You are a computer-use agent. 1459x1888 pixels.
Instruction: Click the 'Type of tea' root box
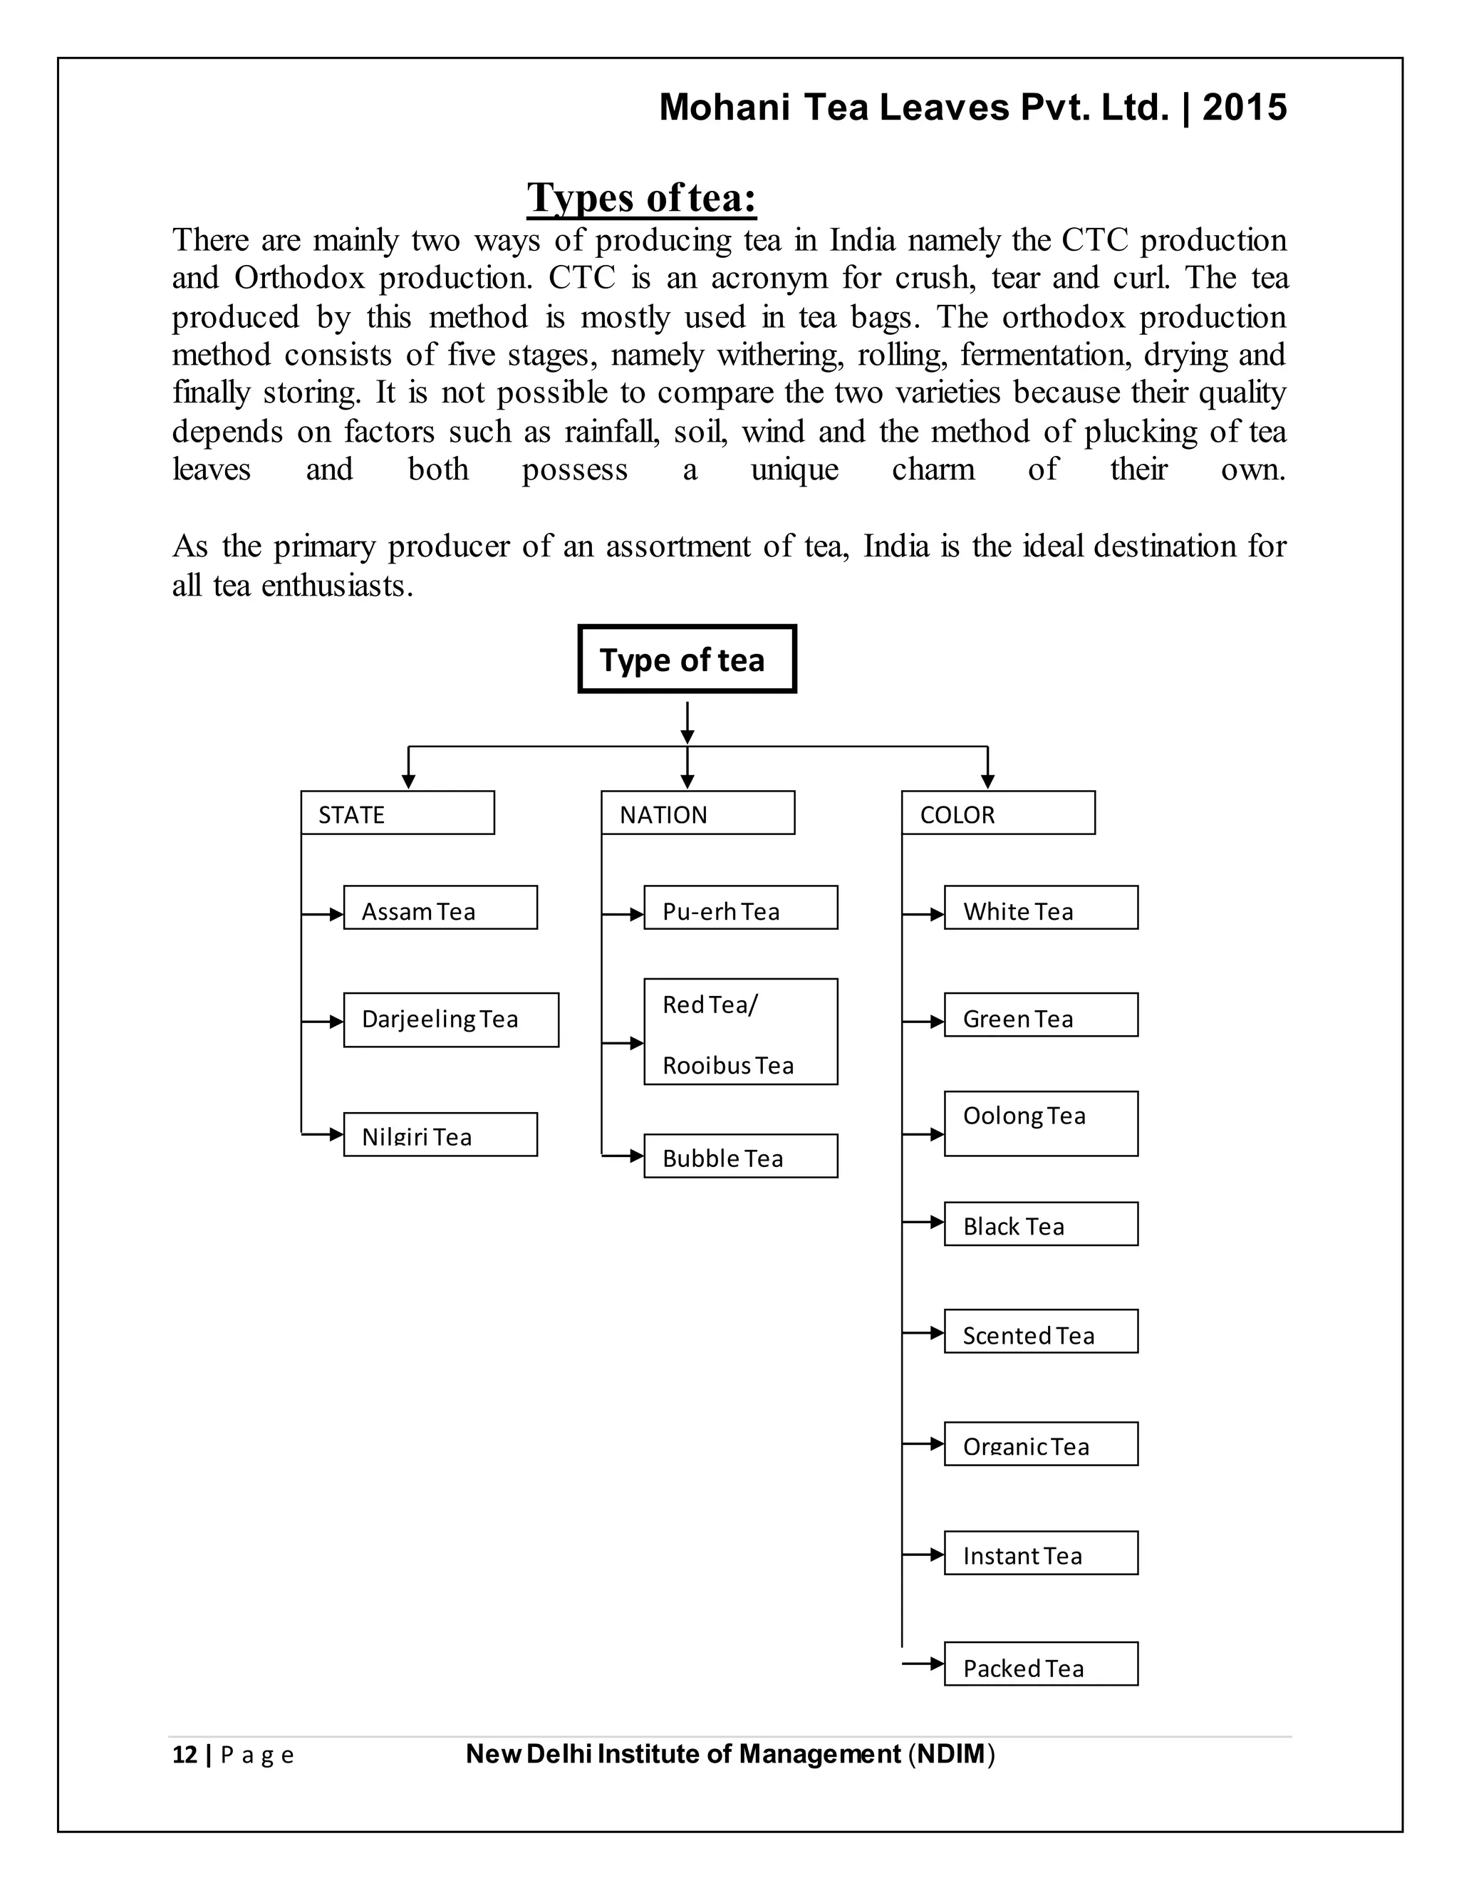[686, 659]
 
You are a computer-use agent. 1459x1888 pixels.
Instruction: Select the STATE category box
[398, 813]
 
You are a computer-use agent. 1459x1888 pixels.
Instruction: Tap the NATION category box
[697, 813]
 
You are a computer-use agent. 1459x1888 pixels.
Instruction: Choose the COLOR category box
[997, 813]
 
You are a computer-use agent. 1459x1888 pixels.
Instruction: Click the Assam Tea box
[440, 908]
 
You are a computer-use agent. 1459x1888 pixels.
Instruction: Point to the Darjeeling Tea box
[450, 1020]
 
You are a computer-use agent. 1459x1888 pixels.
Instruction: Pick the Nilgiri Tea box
[440, 1134]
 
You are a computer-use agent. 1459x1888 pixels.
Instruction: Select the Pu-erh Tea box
[740, 908]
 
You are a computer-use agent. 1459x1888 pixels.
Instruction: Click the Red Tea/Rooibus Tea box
[740, 1032]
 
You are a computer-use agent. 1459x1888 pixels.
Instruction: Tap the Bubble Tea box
[740, 1156]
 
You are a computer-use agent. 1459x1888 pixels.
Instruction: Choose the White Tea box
[1041, 908]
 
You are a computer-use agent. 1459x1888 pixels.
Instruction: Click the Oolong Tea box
[1041, 1123]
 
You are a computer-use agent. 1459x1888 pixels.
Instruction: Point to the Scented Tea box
[1041, 1332]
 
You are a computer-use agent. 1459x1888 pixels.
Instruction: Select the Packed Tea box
[1041, 1664]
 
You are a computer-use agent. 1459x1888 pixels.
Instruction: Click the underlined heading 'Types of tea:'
[641, 198]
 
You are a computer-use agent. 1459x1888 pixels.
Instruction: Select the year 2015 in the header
[1244, 107]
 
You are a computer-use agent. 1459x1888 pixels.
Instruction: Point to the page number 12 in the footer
[185, 1754]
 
